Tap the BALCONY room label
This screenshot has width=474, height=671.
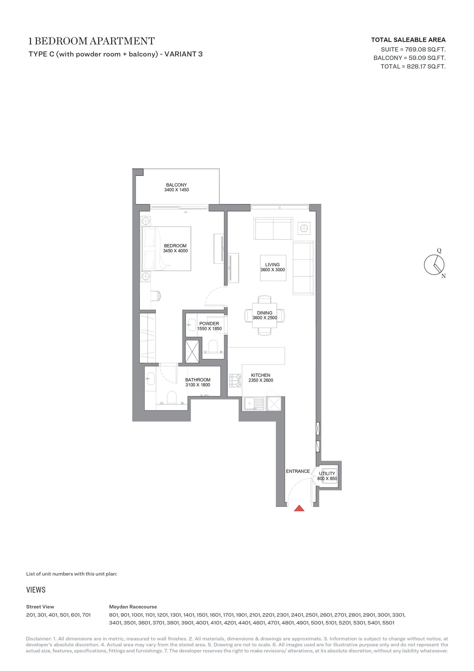177,185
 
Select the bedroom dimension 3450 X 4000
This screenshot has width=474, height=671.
175,251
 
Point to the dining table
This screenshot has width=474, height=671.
265,315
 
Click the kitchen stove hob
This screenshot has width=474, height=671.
235,381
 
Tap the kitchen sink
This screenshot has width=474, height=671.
254,403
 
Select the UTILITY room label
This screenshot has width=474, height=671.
327,474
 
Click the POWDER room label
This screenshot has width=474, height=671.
209,324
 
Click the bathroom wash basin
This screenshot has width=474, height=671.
150,379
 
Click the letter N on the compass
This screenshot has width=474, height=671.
443,276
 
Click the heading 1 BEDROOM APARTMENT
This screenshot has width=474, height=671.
91,41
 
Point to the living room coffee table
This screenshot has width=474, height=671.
273,268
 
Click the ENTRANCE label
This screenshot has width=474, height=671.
298,471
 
